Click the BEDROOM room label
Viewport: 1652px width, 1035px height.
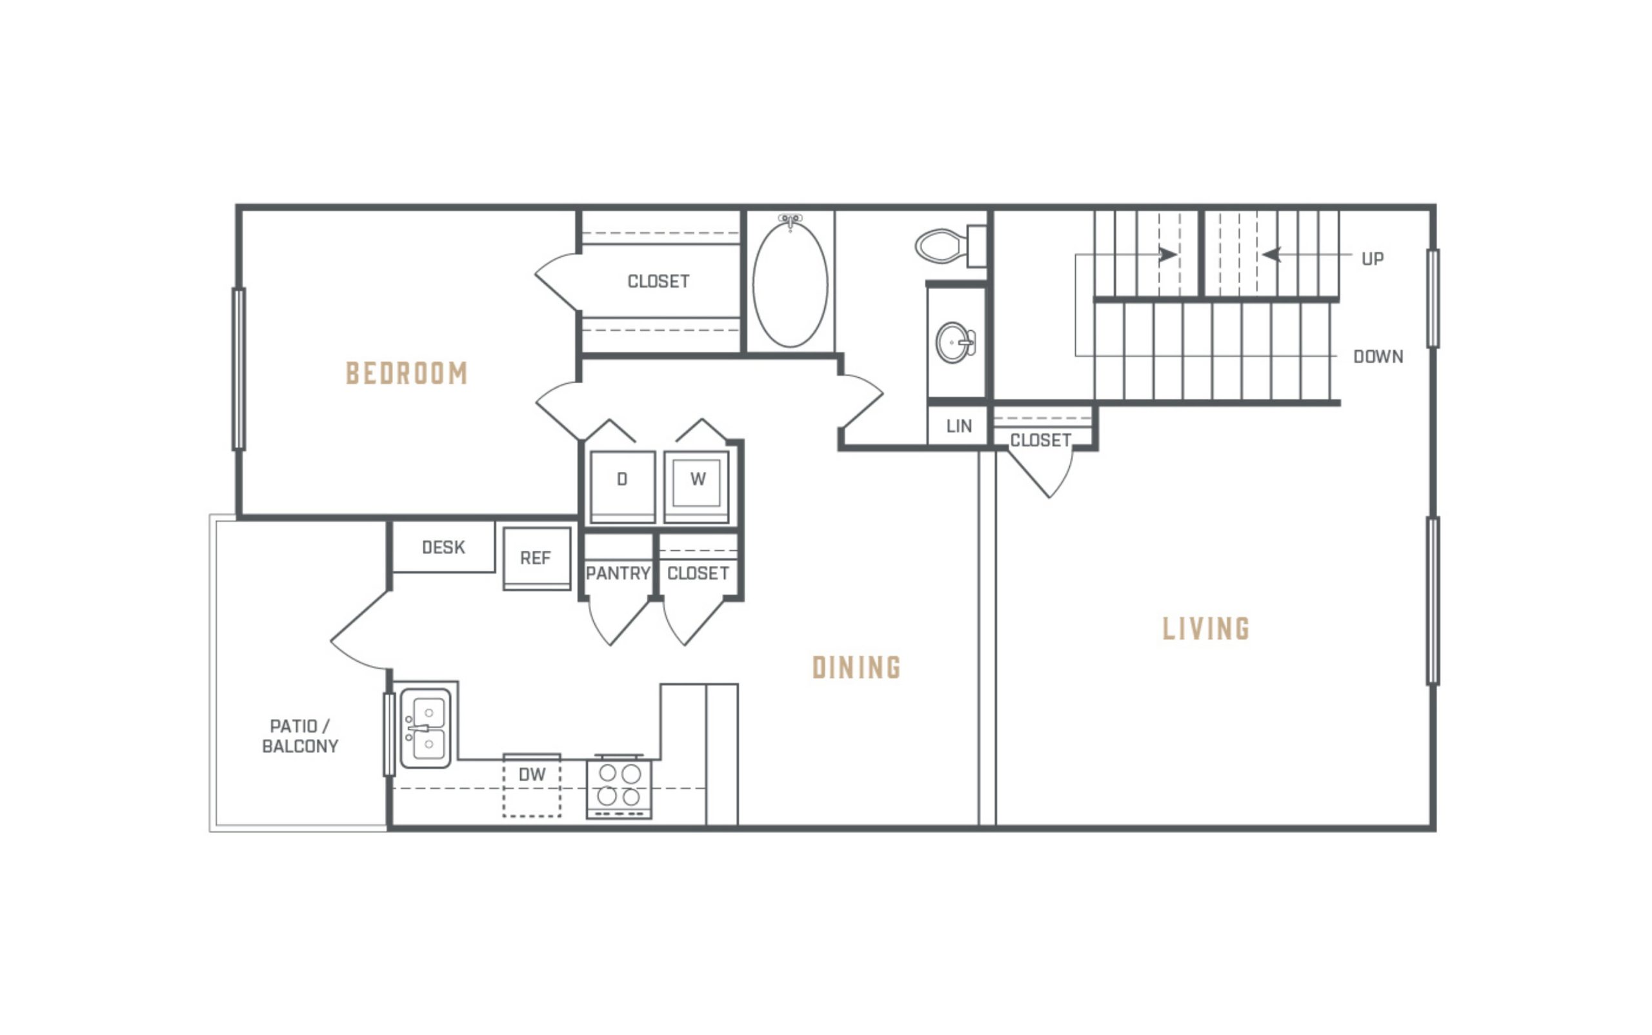coord(407,373)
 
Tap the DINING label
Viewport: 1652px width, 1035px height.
coord(856,667)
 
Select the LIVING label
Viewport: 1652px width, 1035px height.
coord(1206,628)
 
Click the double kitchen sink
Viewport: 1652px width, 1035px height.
coord(425,728)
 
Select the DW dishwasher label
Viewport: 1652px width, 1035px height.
coord(532,774)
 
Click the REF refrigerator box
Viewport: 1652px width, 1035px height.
coord(537,558)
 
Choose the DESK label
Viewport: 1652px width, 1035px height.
coord(443,547)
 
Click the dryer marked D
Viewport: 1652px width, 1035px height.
coord(623,487)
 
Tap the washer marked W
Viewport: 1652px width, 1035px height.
coord(696,487)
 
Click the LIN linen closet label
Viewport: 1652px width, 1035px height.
coord(959,426)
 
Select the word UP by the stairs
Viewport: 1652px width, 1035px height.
coord(1373,259)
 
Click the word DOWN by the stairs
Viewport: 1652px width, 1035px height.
coord(1378,357)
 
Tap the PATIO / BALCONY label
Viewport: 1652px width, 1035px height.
coord(300,736)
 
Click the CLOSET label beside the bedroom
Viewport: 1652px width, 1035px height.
coord(658,281)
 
